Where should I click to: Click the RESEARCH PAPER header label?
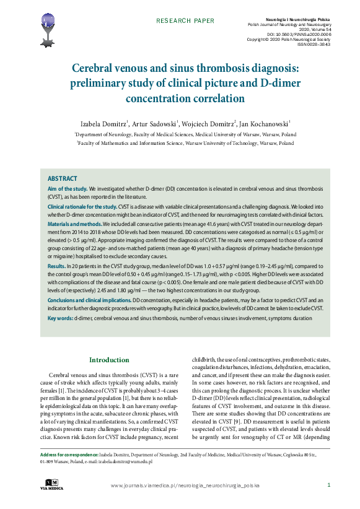point(185,20)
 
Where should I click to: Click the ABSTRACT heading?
point(63,178)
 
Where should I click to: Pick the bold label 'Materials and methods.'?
point(74,224)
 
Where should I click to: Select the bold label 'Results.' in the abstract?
point(57,265)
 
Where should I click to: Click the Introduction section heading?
point(109,360)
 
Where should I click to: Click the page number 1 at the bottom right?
point(328,485)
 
